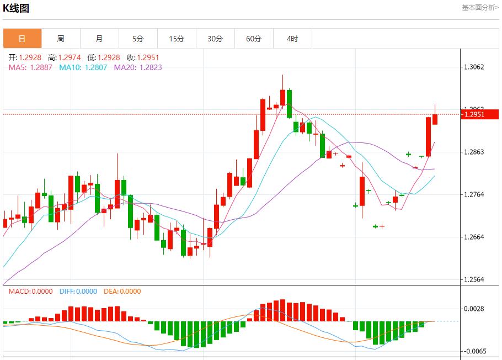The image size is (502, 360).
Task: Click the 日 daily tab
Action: pyautogui.click(x=22, y=39)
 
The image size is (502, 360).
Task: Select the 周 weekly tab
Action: pyautogui.click(x=61, y=39)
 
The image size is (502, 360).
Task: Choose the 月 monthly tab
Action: pyautogui.click(x=99, y=39)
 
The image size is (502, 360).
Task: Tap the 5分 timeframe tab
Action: pyautogui.click(x=138, y=39)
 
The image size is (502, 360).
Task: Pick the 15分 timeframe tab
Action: pyautogui.click(x=177, y=39)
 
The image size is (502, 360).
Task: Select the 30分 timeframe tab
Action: pyautogui.click(x=215, y=39)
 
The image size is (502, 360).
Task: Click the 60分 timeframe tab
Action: pyautogui.click(x=254, y=39)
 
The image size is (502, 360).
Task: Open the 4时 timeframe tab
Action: pyautogui.click(x=292, y=39)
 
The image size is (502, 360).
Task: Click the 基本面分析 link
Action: pyautogui.click(x=479, y=7)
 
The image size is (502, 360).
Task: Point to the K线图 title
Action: pyautogui.click(x=16, y=8)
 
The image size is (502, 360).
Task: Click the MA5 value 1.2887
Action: pyautogui.click(x=41, y=67)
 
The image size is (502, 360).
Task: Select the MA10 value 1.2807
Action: pyautogui.click(x=95, y=67)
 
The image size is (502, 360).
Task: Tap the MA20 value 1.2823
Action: pyautogui.click(x=151, y=67)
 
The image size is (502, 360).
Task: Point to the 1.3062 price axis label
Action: pyautogui.click(x=474, y=67)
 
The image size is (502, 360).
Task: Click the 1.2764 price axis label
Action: pyautogui.click(x=474, y=194)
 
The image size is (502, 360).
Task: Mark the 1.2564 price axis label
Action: pyautogui.click(x=474, y=279)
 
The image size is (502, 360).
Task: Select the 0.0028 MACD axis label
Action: pyautogui.click(x=474, y=309)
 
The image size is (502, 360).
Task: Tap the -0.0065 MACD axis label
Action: pyautogui.click(x=474, y=351)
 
